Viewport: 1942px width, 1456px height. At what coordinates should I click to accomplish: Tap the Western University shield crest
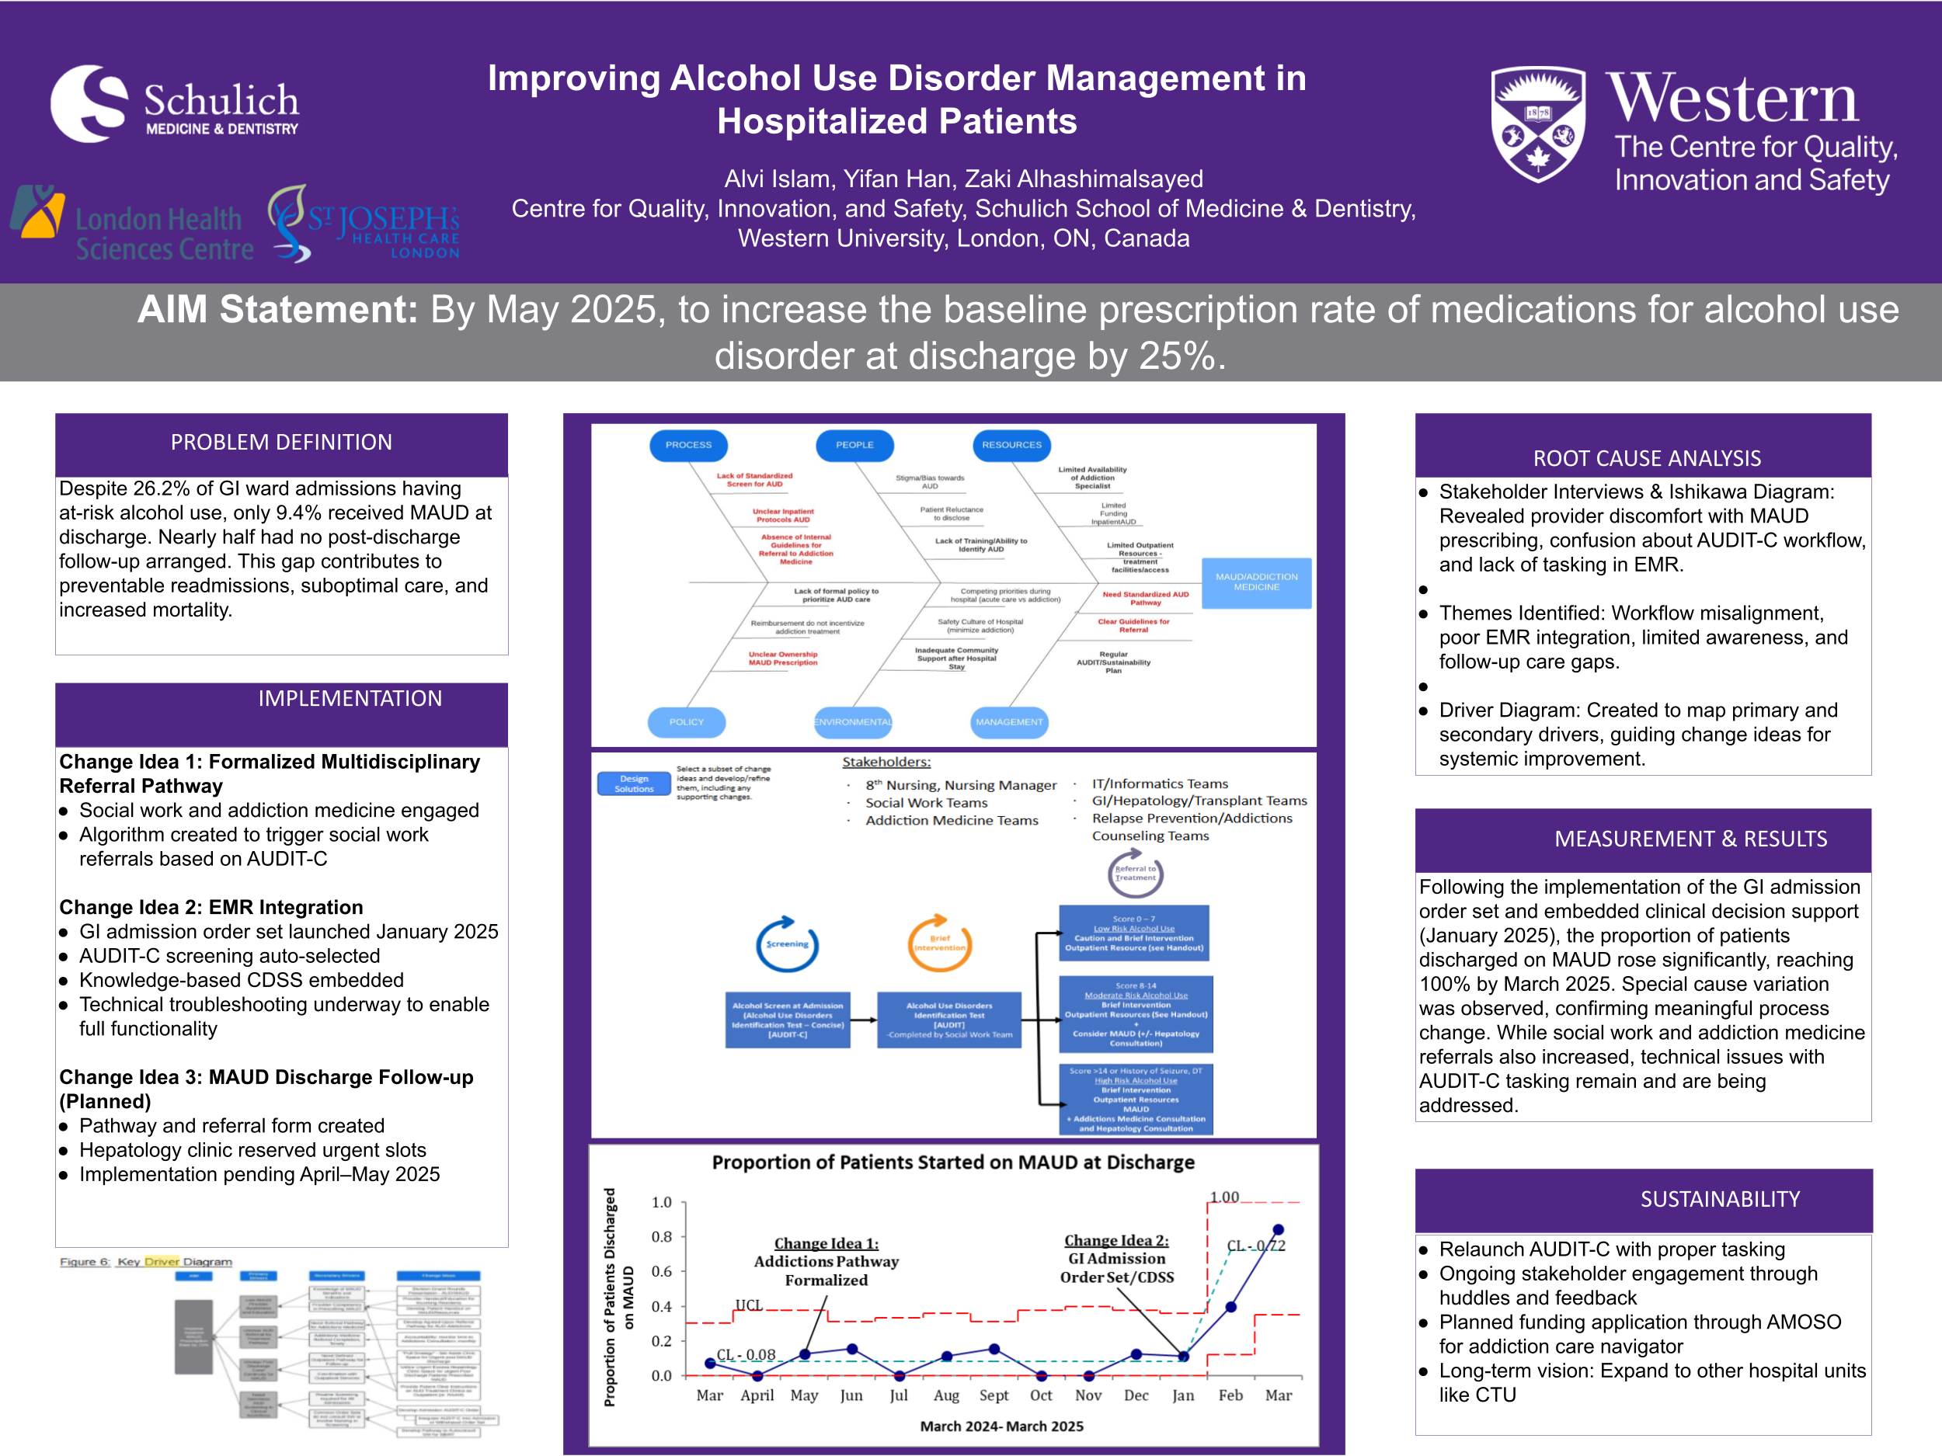tap(1537, 123)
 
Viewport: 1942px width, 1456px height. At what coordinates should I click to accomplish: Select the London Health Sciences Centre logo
tap(132, 225)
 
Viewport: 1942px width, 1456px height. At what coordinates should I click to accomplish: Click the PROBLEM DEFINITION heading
tap(281, 443)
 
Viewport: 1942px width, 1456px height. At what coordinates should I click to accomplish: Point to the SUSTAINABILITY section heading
tap(1719, 1199)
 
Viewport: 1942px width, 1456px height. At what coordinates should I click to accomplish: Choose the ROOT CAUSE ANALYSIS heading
tap(1646, 458)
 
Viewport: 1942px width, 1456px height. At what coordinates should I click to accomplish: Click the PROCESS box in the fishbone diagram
tap(688, 445)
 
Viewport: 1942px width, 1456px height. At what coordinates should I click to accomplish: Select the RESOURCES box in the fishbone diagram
tap(1011, 445)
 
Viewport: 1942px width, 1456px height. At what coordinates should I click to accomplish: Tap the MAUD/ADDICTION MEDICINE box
tap(1255, 582)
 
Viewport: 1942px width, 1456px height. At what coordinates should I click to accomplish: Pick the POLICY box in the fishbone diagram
tap(687, 722)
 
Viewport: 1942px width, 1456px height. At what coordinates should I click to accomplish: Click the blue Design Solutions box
tap(634, 784)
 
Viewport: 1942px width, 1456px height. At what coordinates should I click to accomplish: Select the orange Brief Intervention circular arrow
tap(939, 944)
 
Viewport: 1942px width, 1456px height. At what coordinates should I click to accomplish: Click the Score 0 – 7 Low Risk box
tap(1133, 933)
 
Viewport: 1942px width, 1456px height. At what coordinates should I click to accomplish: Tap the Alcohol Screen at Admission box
tap(788, 1020)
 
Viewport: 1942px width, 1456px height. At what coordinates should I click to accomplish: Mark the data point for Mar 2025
tap(1279, 1229)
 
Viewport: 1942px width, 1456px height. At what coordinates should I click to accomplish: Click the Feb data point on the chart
tap(1231, 1307)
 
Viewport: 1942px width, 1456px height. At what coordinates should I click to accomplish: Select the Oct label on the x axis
tap(1041, 1395)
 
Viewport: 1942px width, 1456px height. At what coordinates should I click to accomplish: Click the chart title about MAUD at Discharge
tap(952, 1163)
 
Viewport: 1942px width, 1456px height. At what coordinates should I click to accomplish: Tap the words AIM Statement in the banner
tap(277, 310)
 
